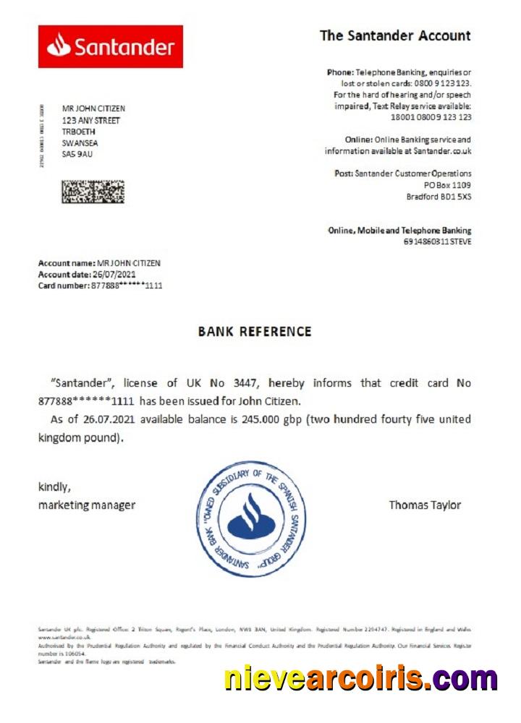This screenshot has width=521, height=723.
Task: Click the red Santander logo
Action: click(110, 47)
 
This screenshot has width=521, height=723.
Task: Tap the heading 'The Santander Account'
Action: click(395, 35)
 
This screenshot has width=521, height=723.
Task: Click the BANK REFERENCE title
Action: click(255, 332)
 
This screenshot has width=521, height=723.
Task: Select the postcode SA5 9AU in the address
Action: click(77, 154)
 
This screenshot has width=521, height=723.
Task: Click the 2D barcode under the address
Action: click(93, 192)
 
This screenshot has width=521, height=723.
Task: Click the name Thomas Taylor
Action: click(425, 505)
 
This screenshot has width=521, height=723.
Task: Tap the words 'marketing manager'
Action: click(86, 505)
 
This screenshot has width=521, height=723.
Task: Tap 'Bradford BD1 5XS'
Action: click(439, 197)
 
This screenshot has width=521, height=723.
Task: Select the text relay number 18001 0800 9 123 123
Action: click(431, 116)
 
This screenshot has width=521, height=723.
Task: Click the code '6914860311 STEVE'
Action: click(437, 241)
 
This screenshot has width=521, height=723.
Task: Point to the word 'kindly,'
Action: click(54, 487)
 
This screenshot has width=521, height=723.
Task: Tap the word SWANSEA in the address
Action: click(80, 142)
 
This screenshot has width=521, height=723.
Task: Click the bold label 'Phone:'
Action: click(340, 72)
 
